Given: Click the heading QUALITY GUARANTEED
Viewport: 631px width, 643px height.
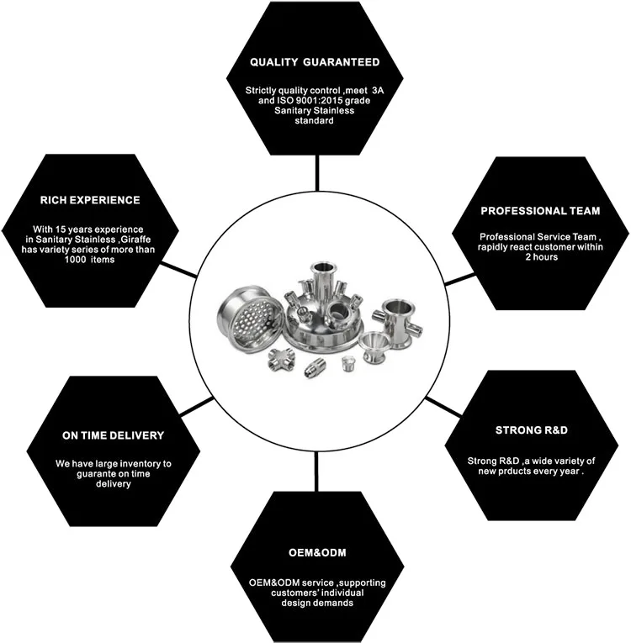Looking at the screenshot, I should [x=315, y=62].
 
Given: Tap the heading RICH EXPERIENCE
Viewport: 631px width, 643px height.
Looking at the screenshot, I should [x=89, y=200].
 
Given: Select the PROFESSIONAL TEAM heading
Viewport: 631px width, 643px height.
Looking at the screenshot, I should [x=540, y=210].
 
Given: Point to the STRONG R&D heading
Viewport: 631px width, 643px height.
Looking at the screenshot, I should [x=532, y=430].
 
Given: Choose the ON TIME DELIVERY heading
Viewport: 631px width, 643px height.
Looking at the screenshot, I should [x=113, y=435].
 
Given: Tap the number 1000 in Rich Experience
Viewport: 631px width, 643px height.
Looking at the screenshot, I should [x=66, y=260].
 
